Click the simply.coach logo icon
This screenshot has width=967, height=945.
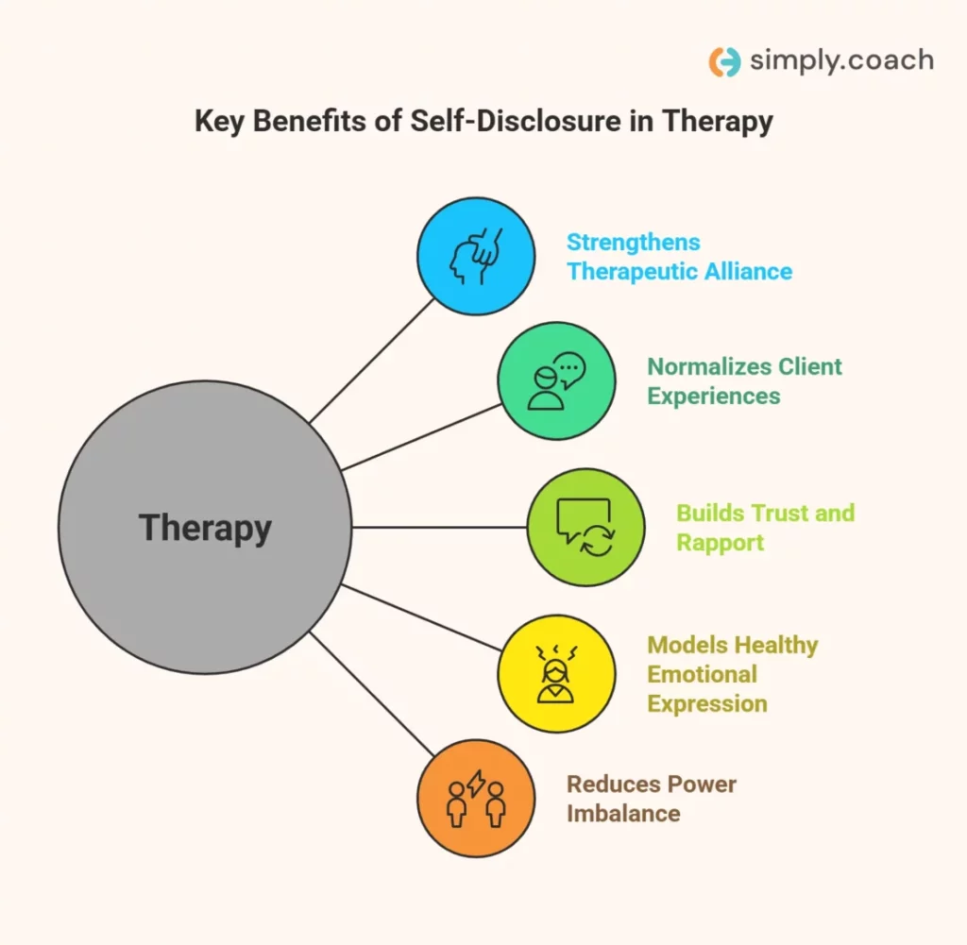coord(724,61)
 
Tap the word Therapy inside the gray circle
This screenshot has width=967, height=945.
coord(205,527)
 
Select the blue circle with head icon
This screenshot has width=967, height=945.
coord(476,255)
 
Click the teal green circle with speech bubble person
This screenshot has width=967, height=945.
coord(556,380)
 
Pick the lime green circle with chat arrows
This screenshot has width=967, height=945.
coord(585,527)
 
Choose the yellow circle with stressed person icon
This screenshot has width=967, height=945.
coord(556,673)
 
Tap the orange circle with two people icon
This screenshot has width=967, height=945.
coord(476,798)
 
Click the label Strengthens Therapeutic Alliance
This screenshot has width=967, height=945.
coord(679,257)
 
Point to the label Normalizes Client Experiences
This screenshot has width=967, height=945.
coord(744,380)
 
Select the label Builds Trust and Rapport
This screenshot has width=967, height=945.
coord(765,528)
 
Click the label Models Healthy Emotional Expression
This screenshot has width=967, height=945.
coord(732,674)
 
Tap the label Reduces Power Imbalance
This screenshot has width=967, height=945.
coord(651,799)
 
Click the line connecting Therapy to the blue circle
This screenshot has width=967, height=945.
coord(373,360)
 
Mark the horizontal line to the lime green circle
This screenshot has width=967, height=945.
coord(439,527)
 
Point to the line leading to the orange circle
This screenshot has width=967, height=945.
coord(373,694)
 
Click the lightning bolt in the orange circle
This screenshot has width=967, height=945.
coord(477,784)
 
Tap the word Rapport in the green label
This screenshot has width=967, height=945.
coord(720,543)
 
